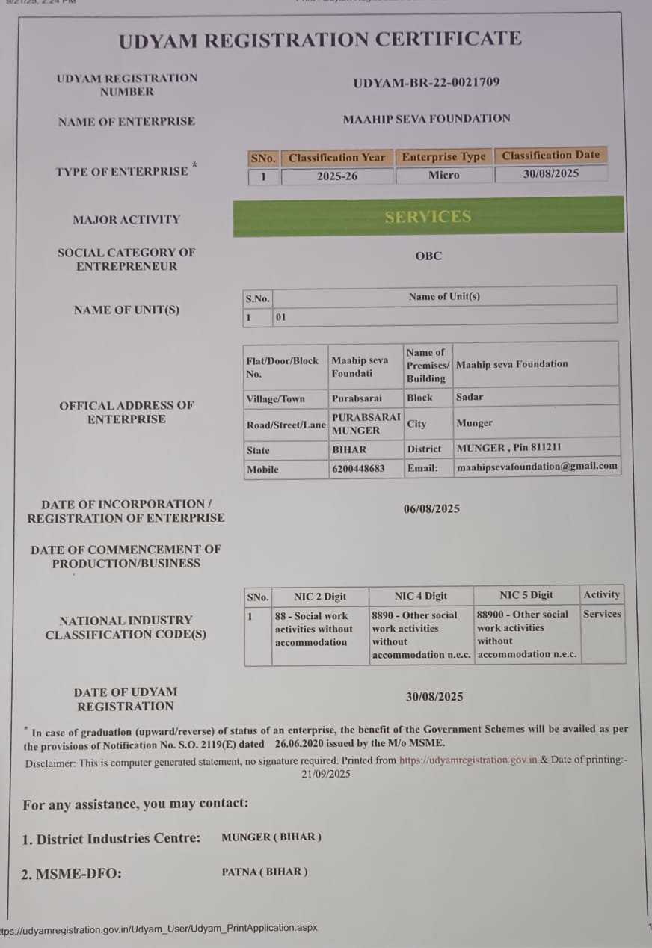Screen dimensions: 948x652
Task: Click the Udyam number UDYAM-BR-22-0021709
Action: coord(426,83)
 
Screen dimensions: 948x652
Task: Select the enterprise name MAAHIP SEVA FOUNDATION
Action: coord(426,118)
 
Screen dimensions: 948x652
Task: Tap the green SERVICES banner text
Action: coord(428,217)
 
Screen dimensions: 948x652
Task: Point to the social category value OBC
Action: coord(428,256)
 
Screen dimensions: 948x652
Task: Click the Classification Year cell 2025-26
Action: coord(336,176)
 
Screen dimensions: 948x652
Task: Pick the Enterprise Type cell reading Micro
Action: coord(443,176)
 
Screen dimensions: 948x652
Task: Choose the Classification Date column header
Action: coord(550,156)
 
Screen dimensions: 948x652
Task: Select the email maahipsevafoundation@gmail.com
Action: coord(537,466)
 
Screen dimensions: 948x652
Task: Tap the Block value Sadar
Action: coord(470,397)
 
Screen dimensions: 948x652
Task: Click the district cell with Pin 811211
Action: coord(508,448)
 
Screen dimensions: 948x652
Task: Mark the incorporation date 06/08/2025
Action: coord(431,509)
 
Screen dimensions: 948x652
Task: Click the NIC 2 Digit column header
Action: coord(320,597)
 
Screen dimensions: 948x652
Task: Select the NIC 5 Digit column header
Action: coord(526,595)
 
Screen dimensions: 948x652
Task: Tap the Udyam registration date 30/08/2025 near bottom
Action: coord(434,697)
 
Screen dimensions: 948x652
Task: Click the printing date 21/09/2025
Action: coord(326,775)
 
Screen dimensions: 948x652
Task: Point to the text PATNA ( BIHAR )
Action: coord(265,872)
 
